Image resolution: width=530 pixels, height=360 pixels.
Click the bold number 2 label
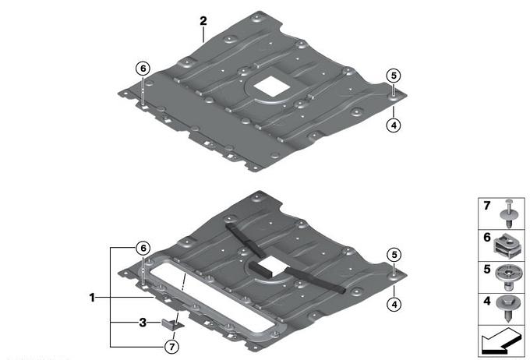(x=203, y=21)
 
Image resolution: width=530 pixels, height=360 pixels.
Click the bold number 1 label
(x=92, y=298)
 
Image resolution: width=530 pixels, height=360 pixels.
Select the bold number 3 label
(x=143, y=323)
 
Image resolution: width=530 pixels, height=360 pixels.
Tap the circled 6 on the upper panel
(x=143, y=69)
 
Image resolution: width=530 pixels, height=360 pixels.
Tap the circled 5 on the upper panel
(x=394, y=76)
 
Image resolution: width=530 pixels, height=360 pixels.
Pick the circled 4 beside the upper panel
(x=394, y=125)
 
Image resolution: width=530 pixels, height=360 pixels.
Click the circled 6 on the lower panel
(x=143, y=248)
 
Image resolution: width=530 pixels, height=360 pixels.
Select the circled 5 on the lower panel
(x=394, y=255)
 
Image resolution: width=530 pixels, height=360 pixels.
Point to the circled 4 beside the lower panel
(x=394, y=305)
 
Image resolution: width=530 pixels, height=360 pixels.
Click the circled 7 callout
(x=172, y=347)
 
